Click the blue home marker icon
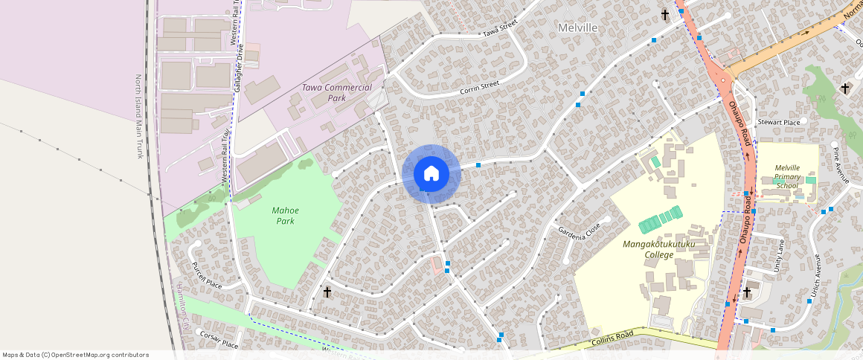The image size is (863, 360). [x=431, y=174]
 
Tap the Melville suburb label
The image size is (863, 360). [x=577, y=28]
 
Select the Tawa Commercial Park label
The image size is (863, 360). [x=336, y=92]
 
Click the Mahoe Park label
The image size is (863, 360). [x=283, y=215]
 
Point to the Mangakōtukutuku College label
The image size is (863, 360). [x=648, y=249]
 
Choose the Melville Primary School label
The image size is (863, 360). [x=786, y=176]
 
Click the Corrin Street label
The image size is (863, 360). [x=478, y=87]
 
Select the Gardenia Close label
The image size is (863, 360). [x=579, y=231]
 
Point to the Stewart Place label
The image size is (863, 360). [x=778, y=122]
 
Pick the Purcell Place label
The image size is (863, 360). [x=206, y=275]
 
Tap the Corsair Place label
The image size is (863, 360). [x=219, y=339]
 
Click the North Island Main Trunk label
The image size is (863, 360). [x=138, y=116]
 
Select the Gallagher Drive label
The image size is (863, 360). [x=239, y=68]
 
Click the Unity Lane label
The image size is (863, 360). [x=780, y=256]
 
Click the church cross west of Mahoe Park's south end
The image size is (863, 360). [x=327, y=292]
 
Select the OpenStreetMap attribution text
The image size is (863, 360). [x=75, y=355]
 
